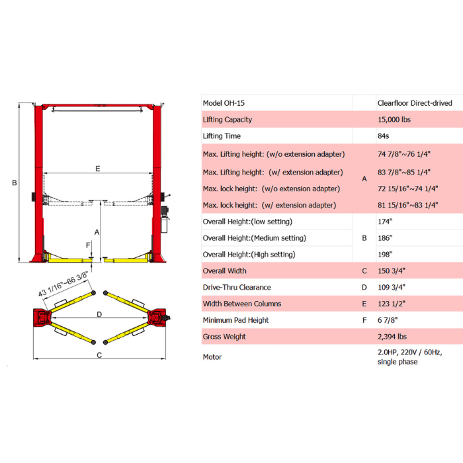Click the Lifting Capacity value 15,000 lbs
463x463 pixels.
[x=394, y=120]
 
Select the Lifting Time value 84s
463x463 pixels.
[x=383, y=136]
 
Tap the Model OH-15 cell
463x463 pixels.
[x=224, y=103]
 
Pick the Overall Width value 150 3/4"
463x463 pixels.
[x=392, y=271]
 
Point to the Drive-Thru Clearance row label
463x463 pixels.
[x=237, y=287]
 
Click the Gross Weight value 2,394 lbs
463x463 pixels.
[x=392, y=337]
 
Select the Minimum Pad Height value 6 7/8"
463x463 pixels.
[x=388, y=320]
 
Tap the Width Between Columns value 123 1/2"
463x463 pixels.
[x=392, y=304]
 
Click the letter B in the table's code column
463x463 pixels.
[x=364, y=238]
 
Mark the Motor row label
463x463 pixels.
[x=212, y=357]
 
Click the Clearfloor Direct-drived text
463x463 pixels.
[x=415, y=103]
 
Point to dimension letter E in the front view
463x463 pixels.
[x=98, y=169]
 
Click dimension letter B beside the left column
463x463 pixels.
[x=15, y=183]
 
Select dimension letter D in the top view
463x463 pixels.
[x=99, y=314]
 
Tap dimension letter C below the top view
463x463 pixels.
[x=99, y=355]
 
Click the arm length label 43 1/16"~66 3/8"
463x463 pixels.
[x=63, y=284]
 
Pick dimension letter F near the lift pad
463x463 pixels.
[x=88, y=245]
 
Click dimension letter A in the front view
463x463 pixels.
[x=97, y=232]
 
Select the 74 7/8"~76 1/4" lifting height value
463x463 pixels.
[x=403, y=154]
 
